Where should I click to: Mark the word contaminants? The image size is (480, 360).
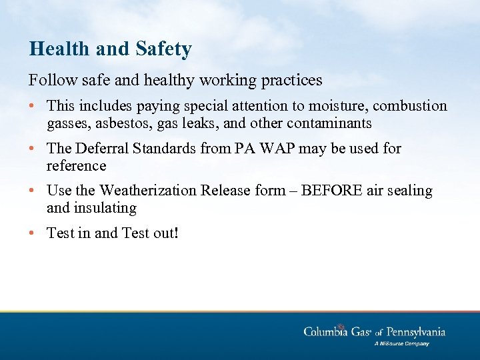point(329,123)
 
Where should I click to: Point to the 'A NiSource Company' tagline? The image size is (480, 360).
point(401,344)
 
